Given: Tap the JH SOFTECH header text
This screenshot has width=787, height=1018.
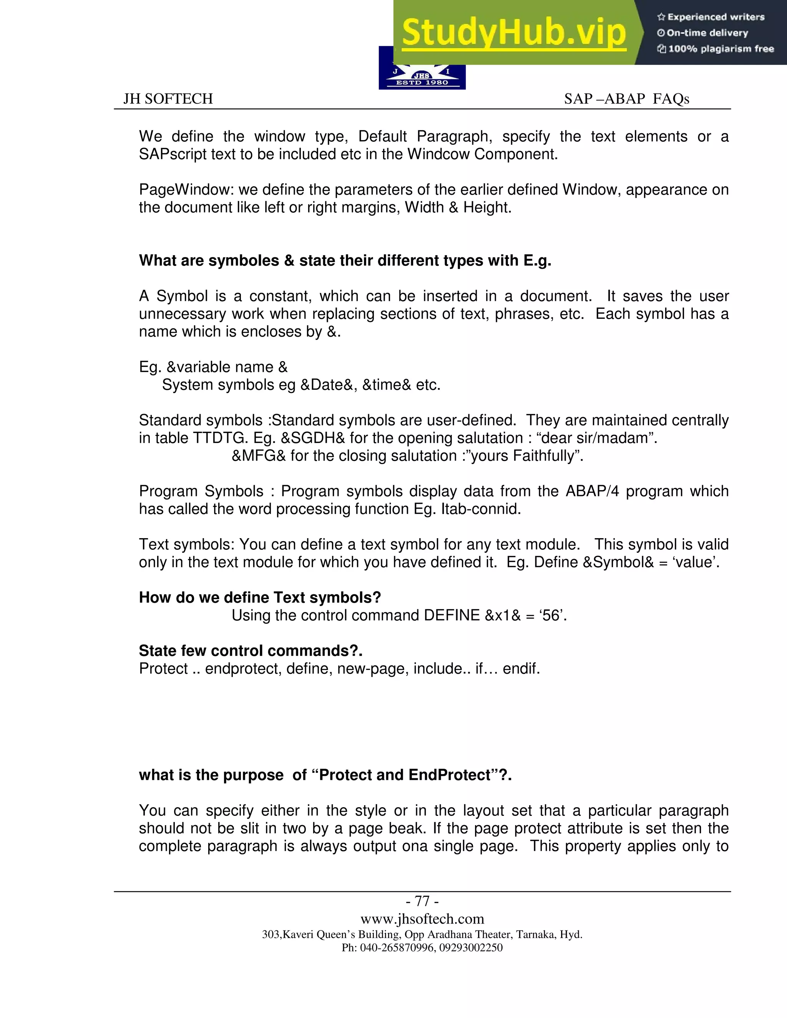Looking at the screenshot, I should point(168,99).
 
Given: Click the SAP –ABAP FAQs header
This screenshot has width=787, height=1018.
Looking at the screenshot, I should point(626,99).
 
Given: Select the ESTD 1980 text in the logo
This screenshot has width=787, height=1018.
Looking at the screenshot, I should point(422,83).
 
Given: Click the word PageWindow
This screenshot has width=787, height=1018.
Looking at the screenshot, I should point(186,190).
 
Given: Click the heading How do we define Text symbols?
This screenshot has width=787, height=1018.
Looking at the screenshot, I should point(260,598).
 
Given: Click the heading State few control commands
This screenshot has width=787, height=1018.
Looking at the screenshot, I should point(251,651).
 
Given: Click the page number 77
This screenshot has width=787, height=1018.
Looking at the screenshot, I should point(422,901).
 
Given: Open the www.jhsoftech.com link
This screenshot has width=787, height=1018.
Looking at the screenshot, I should point(422,919).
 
